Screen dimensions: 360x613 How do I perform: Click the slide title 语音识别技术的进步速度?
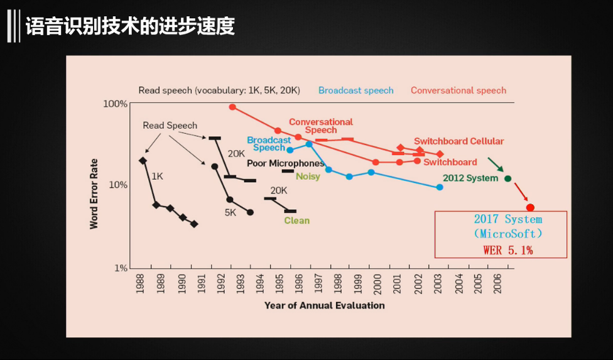pyautogui.click(x=130, y=27)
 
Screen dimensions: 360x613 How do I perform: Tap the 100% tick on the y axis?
pyautogui.click(x=116, y=103)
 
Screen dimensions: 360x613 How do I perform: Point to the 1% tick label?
pyautogui.click(x=120, y=268)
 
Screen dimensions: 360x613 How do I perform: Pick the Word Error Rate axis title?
pyautogui.click(x=94, y=194)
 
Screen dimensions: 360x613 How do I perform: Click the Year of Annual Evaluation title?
pyautogui.click(x=324, y=305)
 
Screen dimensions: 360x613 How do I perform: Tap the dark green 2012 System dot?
pyautogui.click(x=508, y=178)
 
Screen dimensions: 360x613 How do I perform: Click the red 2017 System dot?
pyautogui.click(x=530, y=207)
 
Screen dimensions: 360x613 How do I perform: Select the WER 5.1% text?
pyautogui.click(x=508, y=250)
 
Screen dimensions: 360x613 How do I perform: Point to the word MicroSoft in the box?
pyautogui.click(x=508, y=234)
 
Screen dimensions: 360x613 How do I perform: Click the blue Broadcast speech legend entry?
pyautogui.click(x=355, y=90)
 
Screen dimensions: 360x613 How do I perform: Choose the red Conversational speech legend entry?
pyautogui.click(x=458, y=90)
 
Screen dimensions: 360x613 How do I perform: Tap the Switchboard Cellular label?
pyautogui.click(x=458, y=141)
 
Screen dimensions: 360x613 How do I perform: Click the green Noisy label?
pyautogui.click(x=308, y=177)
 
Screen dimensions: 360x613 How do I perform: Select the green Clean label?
pyautogui.click(x=296, y=221)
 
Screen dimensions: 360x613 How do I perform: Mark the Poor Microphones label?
pyautogui.click(x=285, y=163)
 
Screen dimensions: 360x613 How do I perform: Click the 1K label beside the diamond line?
pyautogui.click(x=157, y=177)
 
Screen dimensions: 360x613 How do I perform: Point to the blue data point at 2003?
pyautogui.click(x=440, y=187)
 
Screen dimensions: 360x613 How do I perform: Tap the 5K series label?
pyautogui.click(x=231, y=213)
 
